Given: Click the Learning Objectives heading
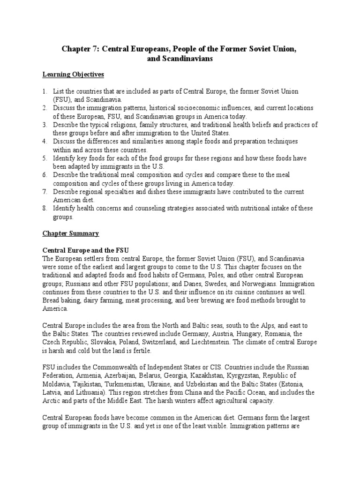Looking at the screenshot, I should coord(73,75).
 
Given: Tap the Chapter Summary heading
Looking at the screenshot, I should coord(71,233).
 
